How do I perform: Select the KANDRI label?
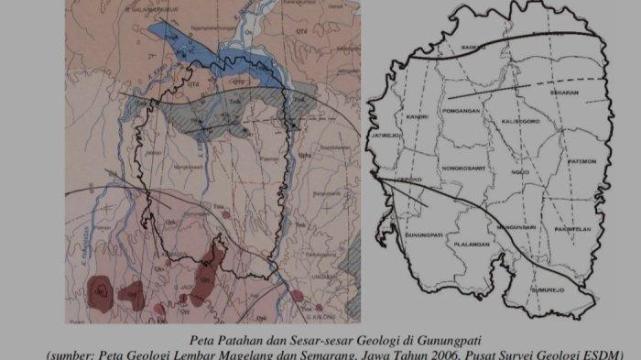(x=408, y=118)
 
